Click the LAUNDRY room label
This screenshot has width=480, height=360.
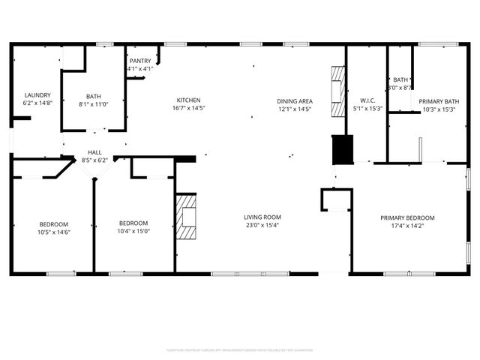coord(37,95)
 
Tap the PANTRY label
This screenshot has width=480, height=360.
coord(140,60)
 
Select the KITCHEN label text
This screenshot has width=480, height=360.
coord(188,100)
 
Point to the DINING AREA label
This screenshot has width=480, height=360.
coord(294,100)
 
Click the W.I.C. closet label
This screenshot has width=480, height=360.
coord(367,100)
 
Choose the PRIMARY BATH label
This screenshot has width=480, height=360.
coord(439,100)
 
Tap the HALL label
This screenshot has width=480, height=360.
coord(94,151)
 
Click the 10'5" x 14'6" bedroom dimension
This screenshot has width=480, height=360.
coord(54,232)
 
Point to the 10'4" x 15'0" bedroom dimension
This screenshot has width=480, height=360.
coord(133,231)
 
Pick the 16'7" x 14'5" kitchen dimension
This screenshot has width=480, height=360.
coord(188,109)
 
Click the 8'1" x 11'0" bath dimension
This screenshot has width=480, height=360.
coord(94,104)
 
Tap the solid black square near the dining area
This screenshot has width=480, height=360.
coord(342,149)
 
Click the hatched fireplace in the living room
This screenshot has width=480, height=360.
coord(187,216)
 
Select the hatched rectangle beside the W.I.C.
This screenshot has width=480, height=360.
coord(337,85)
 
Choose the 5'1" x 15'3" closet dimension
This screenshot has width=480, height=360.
coord(367,109)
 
